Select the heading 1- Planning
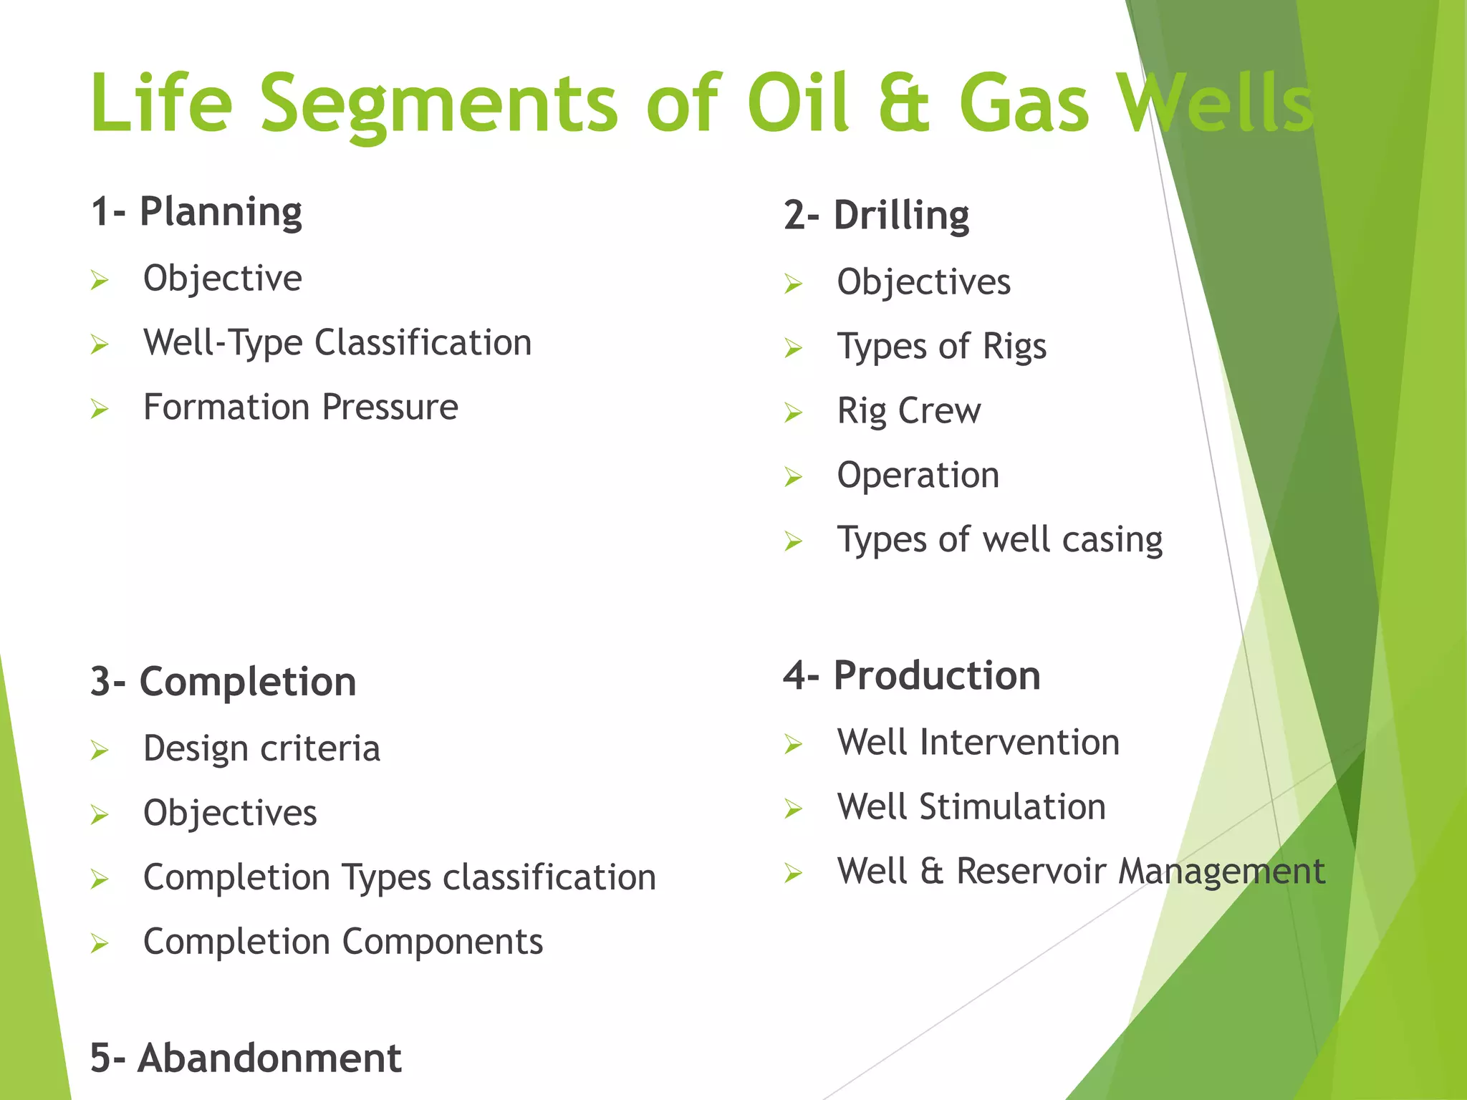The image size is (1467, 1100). tap(196, 212)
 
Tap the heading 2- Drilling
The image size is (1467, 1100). tap(876, 216)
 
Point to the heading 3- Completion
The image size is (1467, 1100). tap(223, 681)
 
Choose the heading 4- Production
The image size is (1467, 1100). tap(911, 675)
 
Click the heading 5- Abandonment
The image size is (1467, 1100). tap(245, 1058)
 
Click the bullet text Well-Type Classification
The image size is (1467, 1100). tap(337, 343)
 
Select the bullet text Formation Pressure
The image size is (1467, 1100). tap(300, 407)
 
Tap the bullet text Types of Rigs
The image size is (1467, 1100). tap(941, 347)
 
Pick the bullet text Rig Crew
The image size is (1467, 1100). tap(908, 412)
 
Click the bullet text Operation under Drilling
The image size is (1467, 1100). tap(918, 476)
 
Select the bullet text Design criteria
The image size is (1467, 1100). tap(261, 749)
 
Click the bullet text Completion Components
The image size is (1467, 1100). tap(342, 942)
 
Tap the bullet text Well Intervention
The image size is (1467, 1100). tap(978, 743)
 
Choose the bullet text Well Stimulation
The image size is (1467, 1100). tap(971, 807)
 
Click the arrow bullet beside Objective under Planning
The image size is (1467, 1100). tap(100, 280)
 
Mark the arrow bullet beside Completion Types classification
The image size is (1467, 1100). tap(100, 879)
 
